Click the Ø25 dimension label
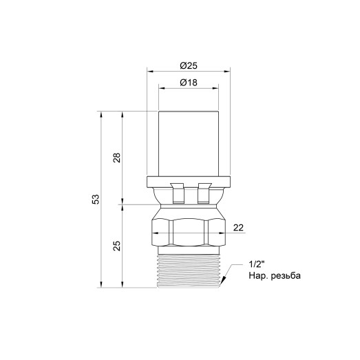189,65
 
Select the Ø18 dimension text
189,83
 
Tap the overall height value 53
96,199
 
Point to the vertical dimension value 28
117,158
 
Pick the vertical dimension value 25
117,245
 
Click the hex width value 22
239,228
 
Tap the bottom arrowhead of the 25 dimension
123,284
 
